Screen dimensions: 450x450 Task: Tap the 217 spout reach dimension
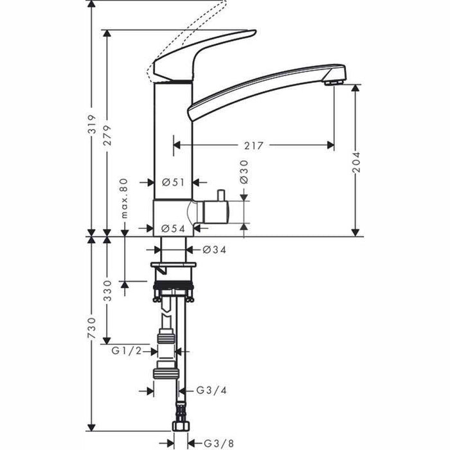coord(254,146)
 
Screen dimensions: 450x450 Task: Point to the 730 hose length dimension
coord(92,329)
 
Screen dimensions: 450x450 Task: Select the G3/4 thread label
coord(209,390)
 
